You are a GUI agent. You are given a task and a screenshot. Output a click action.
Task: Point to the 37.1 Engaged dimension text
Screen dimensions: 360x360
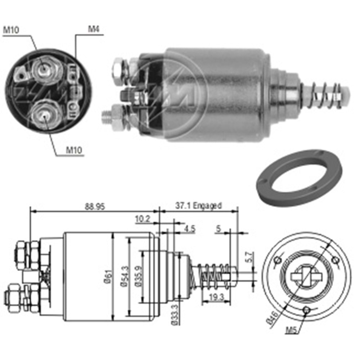(x=198, y=206)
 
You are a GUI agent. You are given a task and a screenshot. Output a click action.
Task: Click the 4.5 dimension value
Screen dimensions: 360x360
(x=189, y=229)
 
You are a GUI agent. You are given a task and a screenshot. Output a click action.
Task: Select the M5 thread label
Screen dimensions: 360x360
(x=292, y=329)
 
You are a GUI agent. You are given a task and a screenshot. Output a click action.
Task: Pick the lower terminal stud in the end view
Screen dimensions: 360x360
(x=43, y=116)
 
